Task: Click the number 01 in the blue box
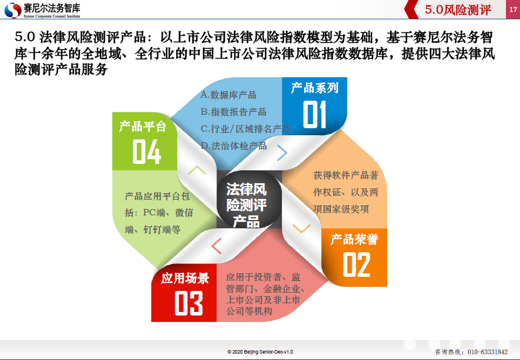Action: pos(315,114)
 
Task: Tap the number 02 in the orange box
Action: pos(356,265)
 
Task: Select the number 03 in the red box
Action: pos(188,303)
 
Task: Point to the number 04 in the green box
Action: pos(147,152)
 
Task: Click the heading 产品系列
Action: pos(315,88)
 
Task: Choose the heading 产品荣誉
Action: pos(354,239)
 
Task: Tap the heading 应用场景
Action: pos(185,278)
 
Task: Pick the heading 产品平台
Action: pos(143,126)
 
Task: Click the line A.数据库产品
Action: pos(228,95)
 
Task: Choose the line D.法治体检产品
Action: pos(233,146)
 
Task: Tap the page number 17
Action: pos(513,9)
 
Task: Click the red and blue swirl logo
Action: pos(13,10)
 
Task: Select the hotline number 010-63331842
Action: pos(487,352)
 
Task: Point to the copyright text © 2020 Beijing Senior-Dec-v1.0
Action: pos(260,352)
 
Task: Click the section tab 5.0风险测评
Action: pos(457,10)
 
